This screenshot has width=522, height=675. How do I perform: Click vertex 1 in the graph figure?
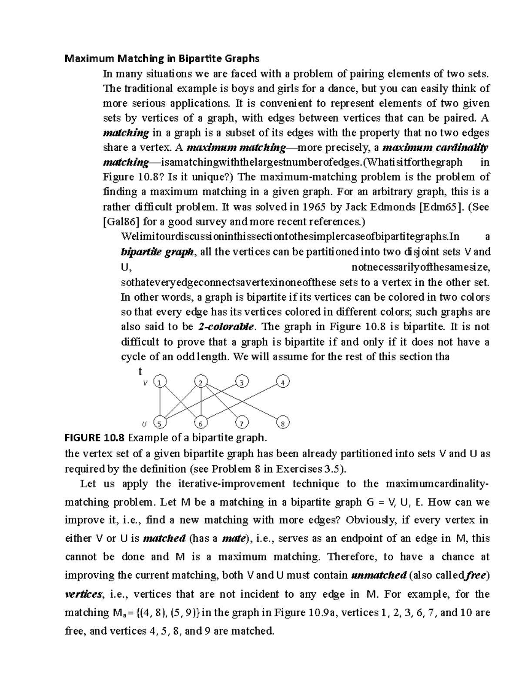tap(161, 382)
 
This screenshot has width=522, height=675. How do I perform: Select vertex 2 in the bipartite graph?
tap(201, 382)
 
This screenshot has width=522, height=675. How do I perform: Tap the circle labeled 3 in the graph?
tap(241, 382)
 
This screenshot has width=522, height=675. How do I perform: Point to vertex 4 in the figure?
tap(283, 382)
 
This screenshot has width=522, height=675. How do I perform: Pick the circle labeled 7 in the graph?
tap(241, 423)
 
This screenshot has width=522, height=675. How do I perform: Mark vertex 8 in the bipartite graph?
tap(283, 423)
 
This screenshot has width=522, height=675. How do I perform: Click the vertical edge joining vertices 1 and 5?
tap(161, 403)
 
